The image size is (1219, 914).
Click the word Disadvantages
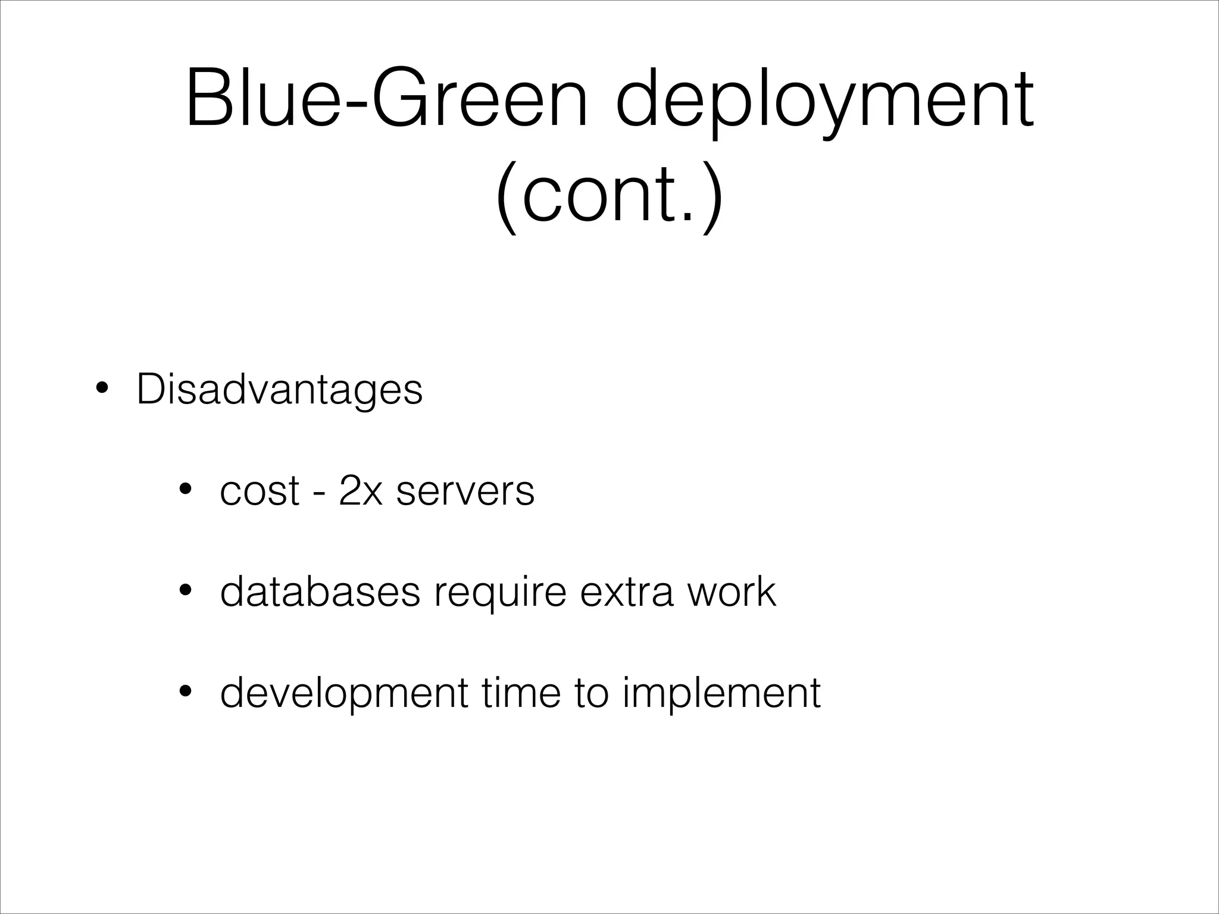tap(280, 390)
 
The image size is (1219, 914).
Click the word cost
tap(260, 492)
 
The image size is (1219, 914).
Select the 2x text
tap(360, 491)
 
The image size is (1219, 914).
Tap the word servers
tap(465, 492)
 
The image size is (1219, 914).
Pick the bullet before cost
tap(185, 490)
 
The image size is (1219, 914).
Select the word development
tap(344, 694)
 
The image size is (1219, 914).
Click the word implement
tap(721, 694)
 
